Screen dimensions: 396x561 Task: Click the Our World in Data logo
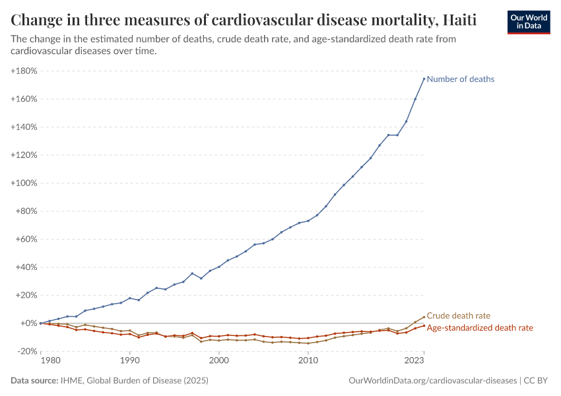528,22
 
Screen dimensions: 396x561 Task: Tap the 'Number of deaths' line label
460,79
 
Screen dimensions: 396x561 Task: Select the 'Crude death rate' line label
459,316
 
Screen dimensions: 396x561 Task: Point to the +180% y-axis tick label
24,71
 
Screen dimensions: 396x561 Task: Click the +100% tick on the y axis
24,183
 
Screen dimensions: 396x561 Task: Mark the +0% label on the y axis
28,323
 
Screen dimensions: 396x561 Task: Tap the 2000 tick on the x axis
218,361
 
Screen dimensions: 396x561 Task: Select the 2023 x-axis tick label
414,361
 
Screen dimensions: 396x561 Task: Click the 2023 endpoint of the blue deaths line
424,79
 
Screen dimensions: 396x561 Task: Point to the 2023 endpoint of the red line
424,326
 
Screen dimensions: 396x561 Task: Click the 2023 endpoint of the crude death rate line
424,317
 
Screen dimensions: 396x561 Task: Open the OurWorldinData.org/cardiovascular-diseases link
432,381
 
